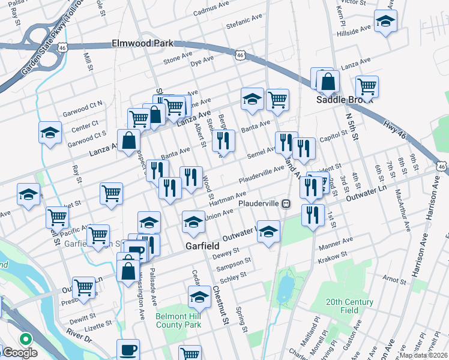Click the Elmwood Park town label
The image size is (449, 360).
click(142, 43)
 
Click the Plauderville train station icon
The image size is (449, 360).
click(287, 203)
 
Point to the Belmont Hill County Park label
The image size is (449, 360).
click(177, 320)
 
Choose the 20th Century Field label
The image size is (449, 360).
click(350, 306)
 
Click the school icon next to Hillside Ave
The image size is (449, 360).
click(384, 22)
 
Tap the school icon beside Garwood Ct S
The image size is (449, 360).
click(50, 133)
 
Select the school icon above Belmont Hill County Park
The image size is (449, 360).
click(199, 295)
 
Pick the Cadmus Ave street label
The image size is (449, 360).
click(211, 8)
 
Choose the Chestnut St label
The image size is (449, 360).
click(220, 305)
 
